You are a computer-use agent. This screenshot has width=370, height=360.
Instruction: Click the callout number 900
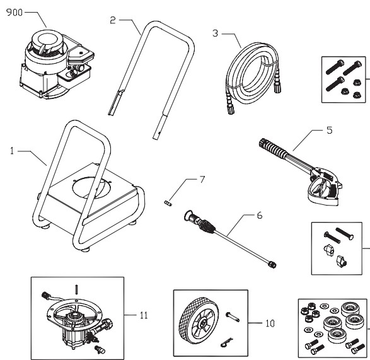pos(14,13)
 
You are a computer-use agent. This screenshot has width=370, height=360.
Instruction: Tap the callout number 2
pos(113,21)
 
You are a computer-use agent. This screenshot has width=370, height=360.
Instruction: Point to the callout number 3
pos(216,32)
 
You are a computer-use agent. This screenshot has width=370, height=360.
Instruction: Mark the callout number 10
pos(269,323)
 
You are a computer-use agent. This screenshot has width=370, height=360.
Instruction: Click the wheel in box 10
pos(200,323)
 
